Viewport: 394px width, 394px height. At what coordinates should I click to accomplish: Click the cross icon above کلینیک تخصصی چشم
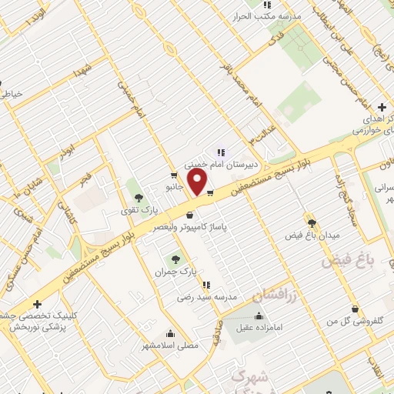click(x=37, y=305)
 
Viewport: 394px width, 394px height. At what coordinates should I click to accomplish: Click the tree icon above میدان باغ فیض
click(x=311, y=219)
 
